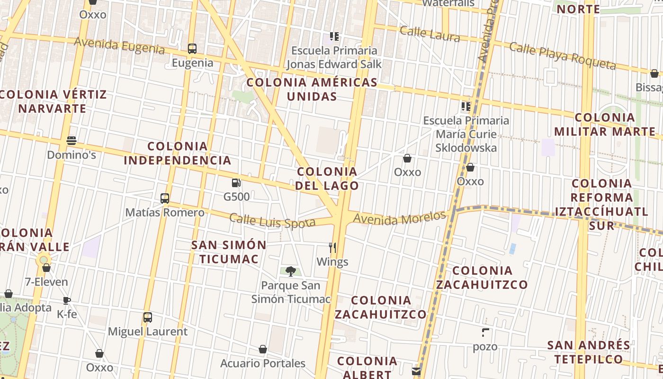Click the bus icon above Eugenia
[192, 48]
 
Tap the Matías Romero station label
[165, 212]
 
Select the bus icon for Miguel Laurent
[148, 317]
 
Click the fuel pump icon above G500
[235, 183]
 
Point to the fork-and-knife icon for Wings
[332, 247]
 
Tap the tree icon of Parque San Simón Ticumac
[291, 271]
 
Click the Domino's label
[72, 155]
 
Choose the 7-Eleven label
[46, 282]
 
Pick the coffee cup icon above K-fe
[67, 300]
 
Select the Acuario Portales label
[263, 363]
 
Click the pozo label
[485, 347]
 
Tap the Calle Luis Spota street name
[272, 221]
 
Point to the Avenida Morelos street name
[400, 218]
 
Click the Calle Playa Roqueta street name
[562, 55]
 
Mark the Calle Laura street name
[429, 34]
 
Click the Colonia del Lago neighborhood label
[327, 178]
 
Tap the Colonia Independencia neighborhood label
[178, 153]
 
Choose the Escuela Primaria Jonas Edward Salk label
[334, 57]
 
